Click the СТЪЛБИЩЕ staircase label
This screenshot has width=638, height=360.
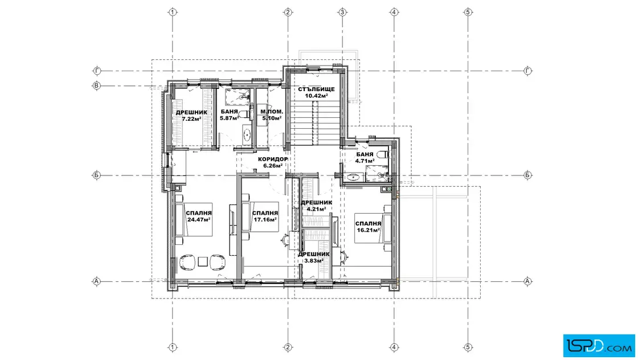(316, 89)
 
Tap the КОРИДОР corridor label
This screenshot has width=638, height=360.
(273, 159)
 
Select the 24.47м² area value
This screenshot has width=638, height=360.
(199, 219)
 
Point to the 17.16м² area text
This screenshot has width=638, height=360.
(265, 219)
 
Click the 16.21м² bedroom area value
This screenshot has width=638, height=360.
(368, 230)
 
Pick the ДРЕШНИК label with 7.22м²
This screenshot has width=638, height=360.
(191, 112)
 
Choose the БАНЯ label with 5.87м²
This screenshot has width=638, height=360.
(229, 112)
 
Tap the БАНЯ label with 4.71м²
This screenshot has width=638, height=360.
(365, 154)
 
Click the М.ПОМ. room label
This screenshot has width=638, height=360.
(272, 112)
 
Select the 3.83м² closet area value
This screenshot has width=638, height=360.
(314, 261)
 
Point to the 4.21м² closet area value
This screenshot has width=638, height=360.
(316, 209)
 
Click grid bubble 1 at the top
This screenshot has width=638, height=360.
(173, 12)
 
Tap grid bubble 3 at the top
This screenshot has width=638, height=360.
(342, 12)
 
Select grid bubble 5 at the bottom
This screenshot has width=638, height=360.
(468, 347)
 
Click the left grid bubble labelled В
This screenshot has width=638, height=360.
(96, 86)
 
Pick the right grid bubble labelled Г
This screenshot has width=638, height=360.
(527, 71)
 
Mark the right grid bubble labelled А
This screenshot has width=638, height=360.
(527, 281)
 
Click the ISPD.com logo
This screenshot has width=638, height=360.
(599, 346)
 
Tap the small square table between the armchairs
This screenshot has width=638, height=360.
(203, 261)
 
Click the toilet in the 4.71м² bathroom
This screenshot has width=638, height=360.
(383, 154)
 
